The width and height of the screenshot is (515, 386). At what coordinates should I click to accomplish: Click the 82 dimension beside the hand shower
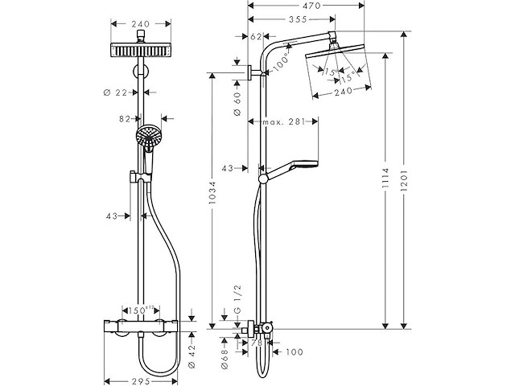click(124, 118)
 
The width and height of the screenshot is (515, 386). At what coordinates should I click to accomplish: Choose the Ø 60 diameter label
click(237, 102)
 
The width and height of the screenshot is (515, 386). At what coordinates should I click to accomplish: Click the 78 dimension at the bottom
click(257, 342)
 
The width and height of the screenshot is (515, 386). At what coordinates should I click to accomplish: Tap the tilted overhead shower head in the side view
click(341, 68)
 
